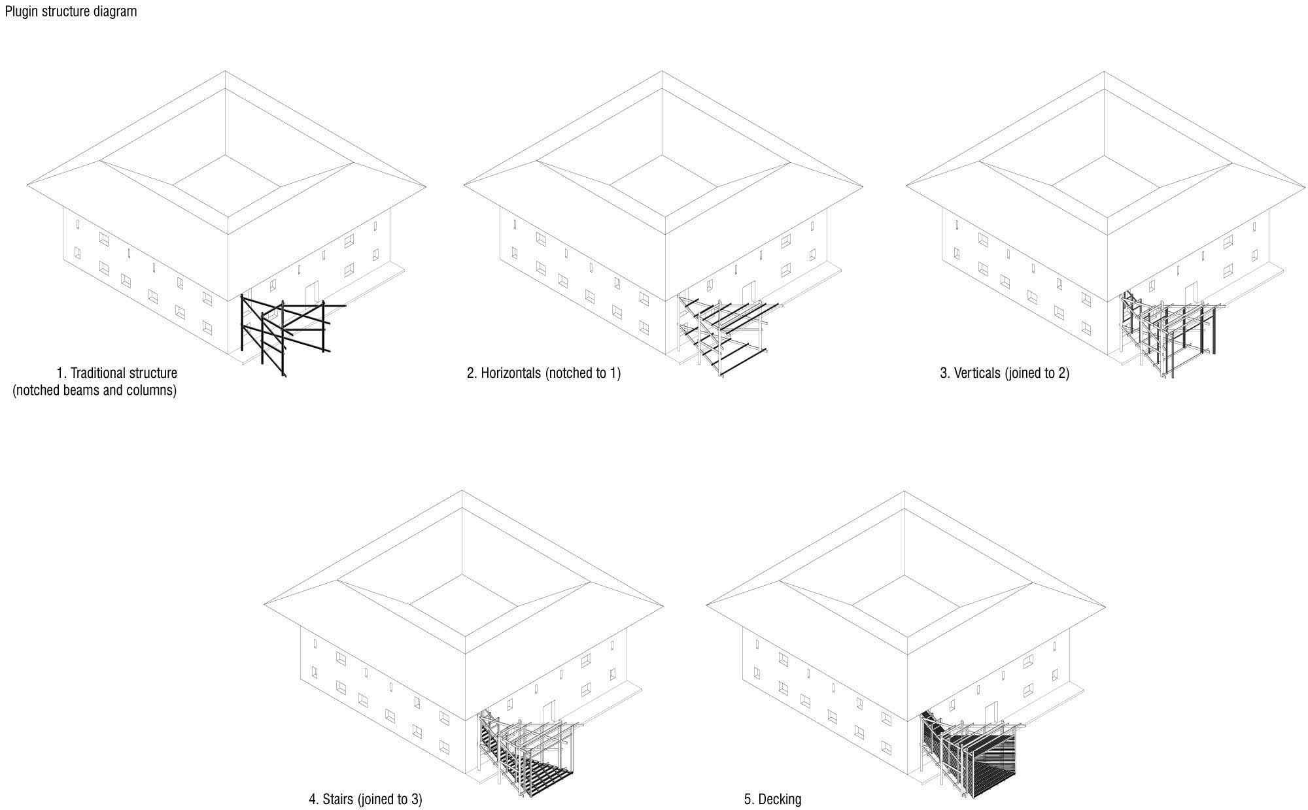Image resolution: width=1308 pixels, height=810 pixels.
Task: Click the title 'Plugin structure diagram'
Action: coord(71,11)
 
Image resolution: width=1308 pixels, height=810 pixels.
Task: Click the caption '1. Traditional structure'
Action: coord(117,373)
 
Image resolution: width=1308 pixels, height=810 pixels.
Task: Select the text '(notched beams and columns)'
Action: coord(95,391)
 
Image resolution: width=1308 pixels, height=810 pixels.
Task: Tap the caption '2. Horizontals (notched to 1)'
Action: coord(543,373)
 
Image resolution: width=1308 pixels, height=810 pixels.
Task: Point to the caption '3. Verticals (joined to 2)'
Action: coord(1005,373)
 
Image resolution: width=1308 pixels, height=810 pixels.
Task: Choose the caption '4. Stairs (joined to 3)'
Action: coord(365,799)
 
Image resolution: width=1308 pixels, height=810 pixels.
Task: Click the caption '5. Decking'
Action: coord(772,799)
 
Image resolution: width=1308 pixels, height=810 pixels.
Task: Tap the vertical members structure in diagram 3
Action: coord(1167,333)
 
